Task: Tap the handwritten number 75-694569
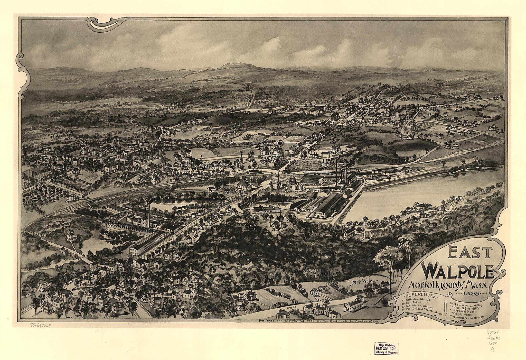40,326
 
